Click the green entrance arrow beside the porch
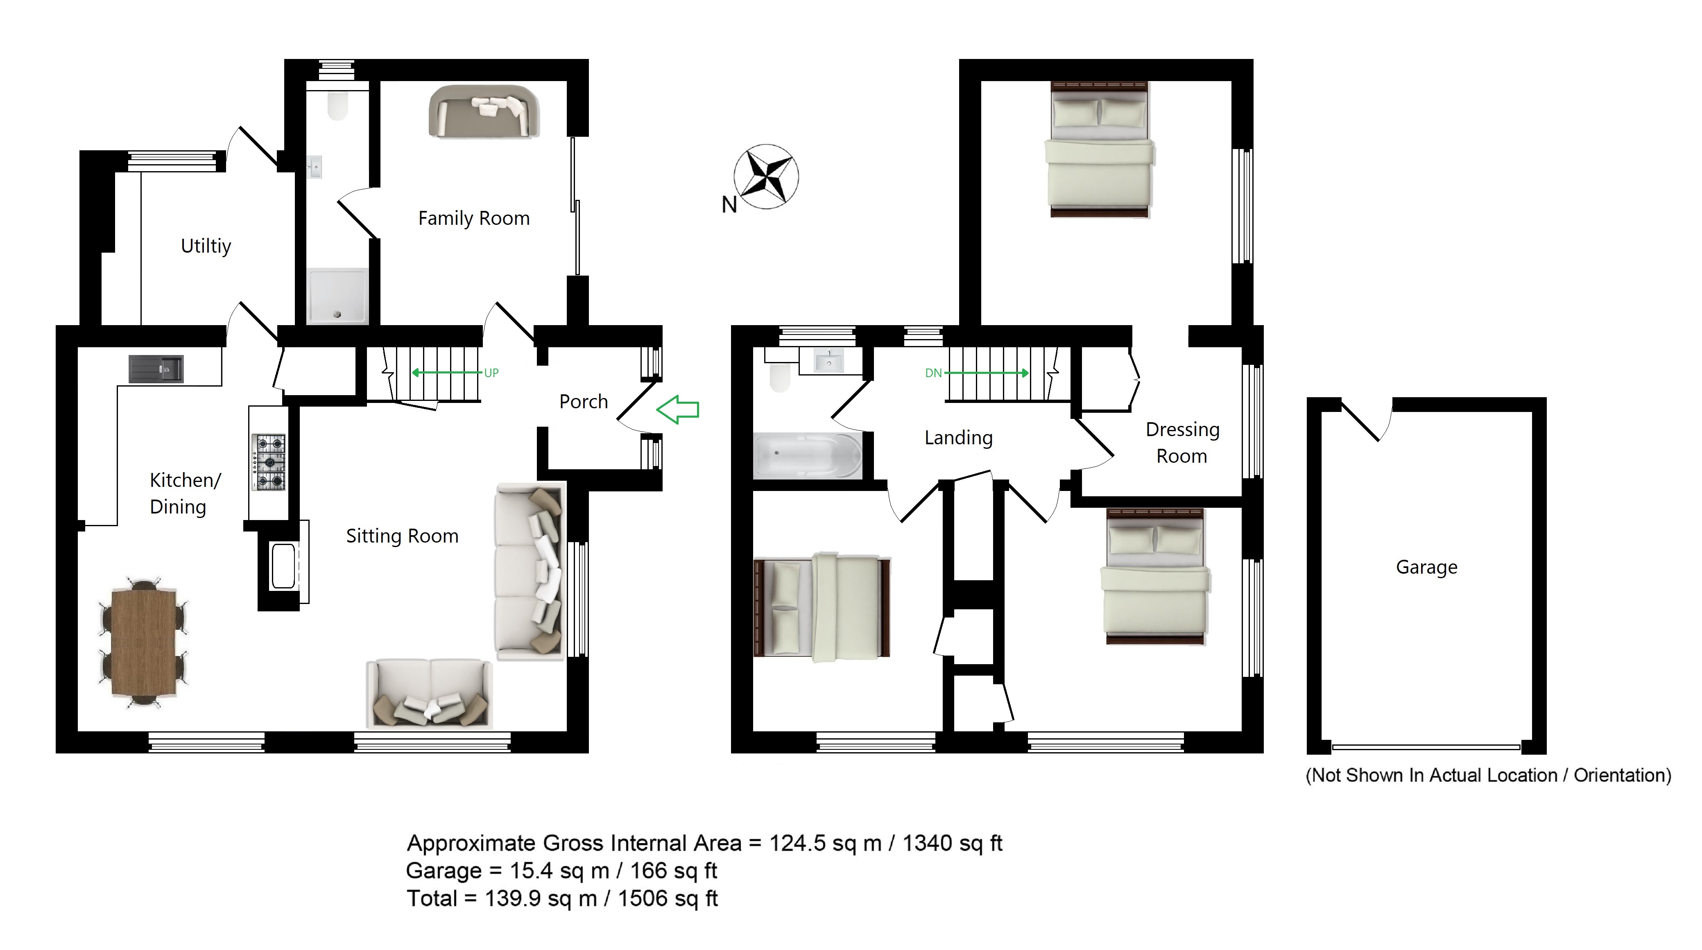(677, 409)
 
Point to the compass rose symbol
(766, 177)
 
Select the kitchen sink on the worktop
(156, 369)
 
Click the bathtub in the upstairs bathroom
(808, 455)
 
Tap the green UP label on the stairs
(491, 373)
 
